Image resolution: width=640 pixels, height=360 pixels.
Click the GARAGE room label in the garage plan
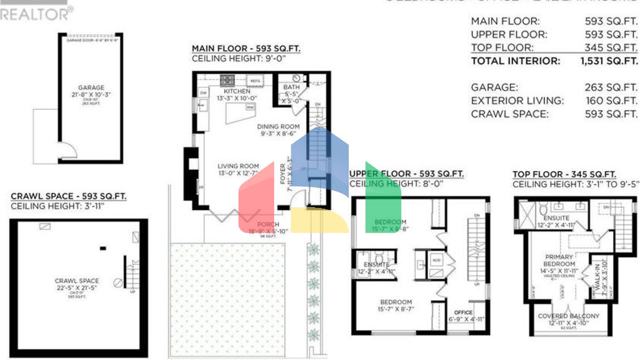click(91, 88)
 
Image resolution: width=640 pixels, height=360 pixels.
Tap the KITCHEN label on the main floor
click(237, 91)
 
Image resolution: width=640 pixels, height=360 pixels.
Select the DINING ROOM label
click(278, 127)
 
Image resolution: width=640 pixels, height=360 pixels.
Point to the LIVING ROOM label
click(238, 166)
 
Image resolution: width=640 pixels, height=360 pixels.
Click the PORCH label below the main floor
click(268, 225)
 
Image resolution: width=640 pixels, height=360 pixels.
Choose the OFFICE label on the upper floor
click(463, 312)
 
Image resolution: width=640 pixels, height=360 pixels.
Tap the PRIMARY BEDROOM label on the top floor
click(559, 260)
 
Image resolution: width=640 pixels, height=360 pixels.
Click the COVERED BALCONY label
click(568, 316)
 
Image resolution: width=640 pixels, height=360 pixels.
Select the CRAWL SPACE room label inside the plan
click(77, 281)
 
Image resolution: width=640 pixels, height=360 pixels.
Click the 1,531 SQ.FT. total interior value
click(609, 61)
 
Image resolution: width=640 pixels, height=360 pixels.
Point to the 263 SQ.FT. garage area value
click(611, 87)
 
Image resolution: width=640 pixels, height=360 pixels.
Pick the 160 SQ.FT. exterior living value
click(611, 101)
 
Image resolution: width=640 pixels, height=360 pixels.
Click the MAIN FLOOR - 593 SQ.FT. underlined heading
click(246, 49)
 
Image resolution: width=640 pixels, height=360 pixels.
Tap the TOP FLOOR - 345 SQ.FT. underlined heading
click(564, 175)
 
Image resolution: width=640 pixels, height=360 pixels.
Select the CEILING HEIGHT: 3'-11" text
click(57, 206)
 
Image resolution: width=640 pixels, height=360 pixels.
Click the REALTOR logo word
click(35, 14)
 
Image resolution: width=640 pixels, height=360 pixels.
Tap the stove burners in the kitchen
click(227, 80)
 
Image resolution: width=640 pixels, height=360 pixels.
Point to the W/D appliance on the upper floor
click(436, 260)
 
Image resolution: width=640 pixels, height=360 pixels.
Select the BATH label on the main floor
click(291, 87)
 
